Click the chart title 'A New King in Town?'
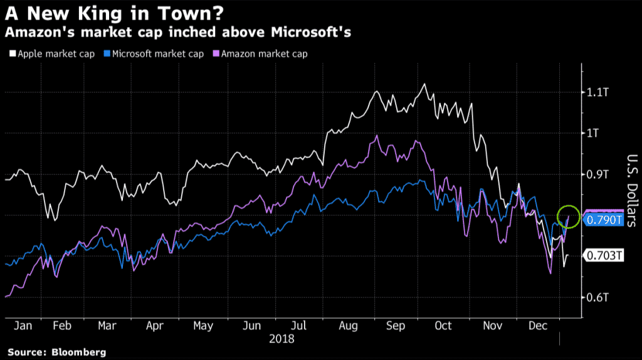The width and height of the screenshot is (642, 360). tap(93, 12)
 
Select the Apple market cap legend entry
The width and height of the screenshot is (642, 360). tap(56, 54)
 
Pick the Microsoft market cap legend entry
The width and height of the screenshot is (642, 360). tap(160, 54)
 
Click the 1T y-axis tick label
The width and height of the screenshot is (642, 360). tap(592, 133)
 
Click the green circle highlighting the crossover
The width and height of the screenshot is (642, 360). tap(569, 216)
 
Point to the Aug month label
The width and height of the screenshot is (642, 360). tap(348, 327)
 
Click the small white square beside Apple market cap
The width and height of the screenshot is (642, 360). tap(13, 55)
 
